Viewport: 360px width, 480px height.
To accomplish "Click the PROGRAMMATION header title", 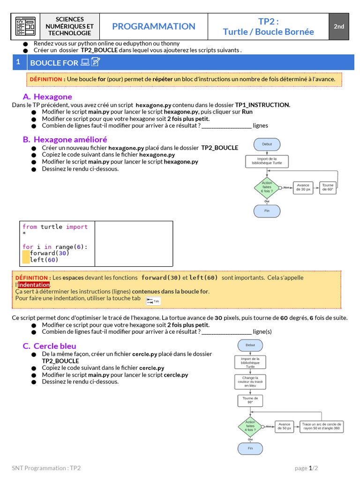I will [154, 27].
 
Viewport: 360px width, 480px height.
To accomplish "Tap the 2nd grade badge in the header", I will [339, 27].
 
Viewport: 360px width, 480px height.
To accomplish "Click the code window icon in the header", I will [25, 27].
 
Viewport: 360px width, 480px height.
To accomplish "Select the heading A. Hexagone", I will [47, 97].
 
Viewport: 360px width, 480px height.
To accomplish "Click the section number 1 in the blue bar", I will [18, 62].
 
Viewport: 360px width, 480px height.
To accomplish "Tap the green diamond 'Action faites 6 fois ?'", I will [267, 187].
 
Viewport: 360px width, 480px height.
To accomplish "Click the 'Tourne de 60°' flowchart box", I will [328, 187].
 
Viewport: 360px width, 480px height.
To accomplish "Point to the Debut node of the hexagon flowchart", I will [267, 144].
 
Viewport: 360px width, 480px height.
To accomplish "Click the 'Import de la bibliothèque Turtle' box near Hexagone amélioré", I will [267, 161].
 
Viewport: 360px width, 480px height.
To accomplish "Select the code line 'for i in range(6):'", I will [55, 247].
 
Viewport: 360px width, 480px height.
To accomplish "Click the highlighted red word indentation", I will [34, 285].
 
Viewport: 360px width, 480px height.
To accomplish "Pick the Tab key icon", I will [153, 301].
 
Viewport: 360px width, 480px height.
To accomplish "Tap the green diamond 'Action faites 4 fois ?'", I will [250, 427].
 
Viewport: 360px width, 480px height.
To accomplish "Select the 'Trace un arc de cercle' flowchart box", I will [321, 427].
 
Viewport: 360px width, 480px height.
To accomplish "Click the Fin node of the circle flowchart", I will [250, 449].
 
